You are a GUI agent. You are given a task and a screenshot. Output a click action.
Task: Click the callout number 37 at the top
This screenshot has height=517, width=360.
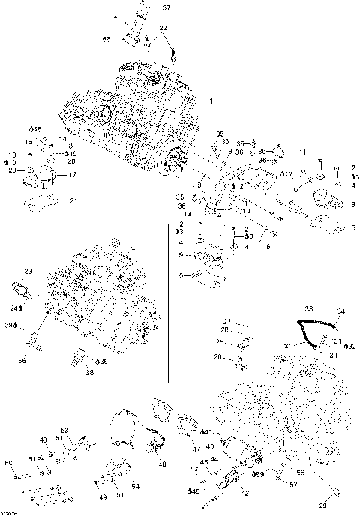166,8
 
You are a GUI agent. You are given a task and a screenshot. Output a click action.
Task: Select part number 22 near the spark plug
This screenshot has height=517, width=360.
163,28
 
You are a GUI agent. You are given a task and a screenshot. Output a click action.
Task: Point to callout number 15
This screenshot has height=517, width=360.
37,129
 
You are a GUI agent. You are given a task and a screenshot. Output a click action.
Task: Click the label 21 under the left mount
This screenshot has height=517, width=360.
73,200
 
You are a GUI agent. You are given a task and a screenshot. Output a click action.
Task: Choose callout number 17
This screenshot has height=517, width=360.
73,175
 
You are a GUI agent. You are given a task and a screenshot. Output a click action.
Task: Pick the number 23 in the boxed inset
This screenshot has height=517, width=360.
28,271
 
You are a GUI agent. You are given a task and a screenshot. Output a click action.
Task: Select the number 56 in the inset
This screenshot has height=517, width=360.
22,360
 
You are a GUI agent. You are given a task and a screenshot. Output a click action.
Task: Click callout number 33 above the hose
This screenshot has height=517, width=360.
308,308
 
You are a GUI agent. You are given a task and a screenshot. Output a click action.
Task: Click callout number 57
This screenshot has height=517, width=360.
294,485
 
